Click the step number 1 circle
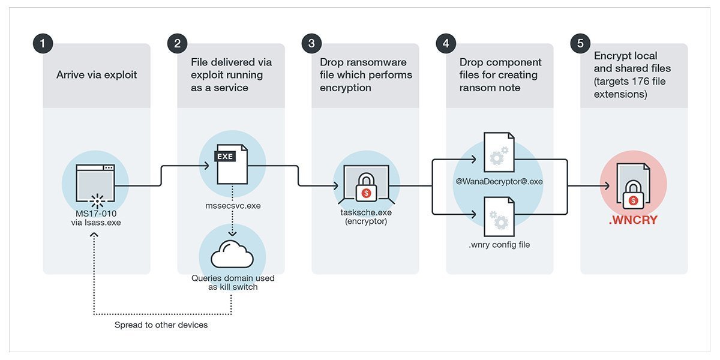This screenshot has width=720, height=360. click(x=43, y=44)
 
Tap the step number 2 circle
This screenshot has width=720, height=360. click(x=177, y=44)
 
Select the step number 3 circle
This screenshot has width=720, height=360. click(x=311, y=44)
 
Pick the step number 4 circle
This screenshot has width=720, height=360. click(x=446, y=44)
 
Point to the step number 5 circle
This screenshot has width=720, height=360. click(x=580, y=44)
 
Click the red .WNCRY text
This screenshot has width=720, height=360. click(x=633, y=220)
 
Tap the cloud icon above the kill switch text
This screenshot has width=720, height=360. click(x=232, y=255)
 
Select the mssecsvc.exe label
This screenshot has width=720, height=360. click(x=232, y=205)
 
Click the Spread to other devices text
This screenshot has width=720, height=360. click(x=161, y=325)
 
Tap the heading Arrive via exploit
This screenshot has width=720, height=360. click(x=97, y=75)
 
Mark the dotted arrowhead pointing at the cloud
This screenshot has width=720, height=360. click(x=232, y=233)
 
